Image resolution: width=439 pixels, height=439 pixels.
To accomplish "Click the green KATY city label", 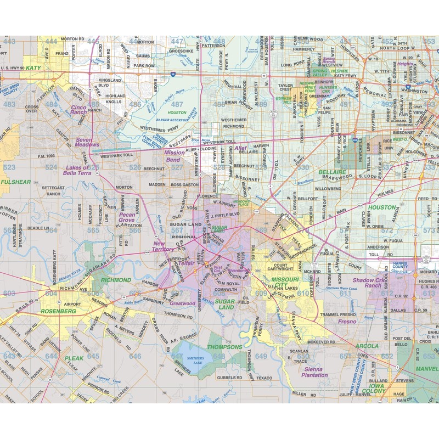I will coord(34,67).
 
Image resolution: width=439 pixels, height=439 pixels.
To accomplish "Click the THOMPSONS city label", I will coord(224,347).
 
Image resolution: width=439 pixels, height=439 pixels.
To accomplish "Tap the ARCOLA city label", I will coord(367,346).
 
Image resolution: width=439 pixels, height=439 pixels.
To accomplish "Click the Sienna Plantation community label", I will coord(315,372).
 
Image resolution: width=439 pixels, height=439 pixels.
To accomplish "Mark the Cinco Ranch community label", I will coord(79,109).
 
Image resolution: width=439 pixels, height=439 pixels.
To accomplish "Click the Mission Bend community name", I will coord(175,156).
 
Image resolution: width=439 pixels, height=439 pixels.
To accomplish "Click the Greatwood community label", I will coord(183,303).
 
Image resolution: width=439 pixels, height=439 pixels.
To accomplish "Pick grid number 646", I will coord(135,356).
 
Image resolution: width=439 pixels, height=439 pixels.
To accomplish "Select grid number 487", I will coord(177,104).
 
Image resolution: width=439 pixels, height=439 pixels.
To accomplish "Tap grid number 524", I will coord(51,167).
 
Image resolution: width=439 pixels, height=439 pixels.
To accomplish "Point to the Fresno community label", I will coord(347,322).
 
